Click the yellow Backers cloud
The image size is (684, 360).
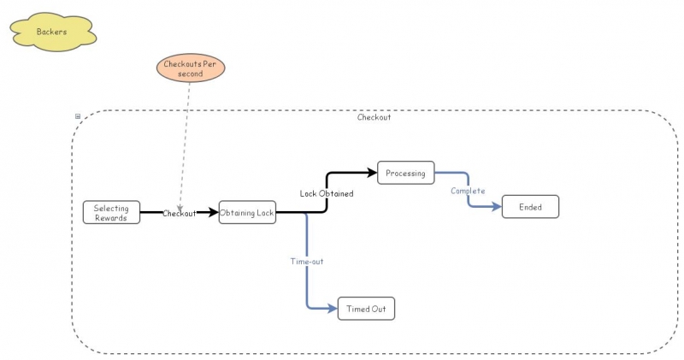coord(52,32)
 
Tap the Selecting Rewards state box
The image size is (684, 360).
coord(110,212)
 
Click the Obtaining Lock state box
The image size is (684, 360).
coord(247,212)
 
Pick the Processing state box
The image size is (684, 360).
coord(405,173)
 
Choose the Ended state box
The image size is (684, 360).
coord(530,207)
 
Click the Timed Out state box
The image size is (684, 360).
coord(366,309)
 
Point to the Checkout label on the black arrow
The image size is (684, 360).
coord(180,214)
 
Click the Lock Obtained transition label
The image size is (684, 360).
coord(326,193)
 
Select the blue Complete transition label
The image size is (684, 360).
coord(468,191)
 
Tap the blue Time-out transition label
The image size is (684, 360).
coord(306,261)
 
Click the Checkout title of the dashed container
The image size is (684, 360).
coord(374,117)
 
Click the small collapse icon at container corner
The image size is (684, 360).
coord(78,116)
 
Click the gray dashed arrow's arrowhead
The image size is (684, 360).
coord(180,206)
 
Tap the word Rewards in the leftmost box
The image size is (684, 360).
coord(110,217)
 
